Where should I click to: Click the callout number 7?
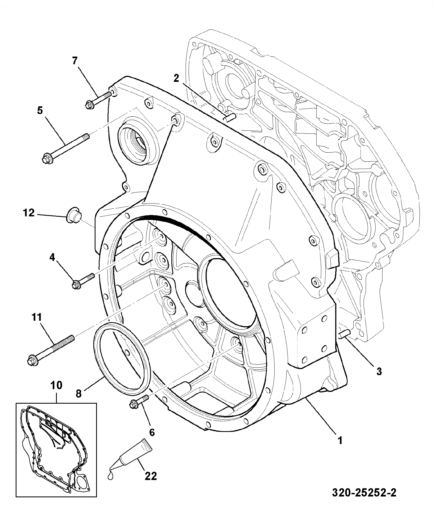[75, 60]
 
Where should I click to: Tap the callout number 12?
[29, 212]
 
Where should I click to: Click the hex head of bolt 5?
[45, 158]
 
